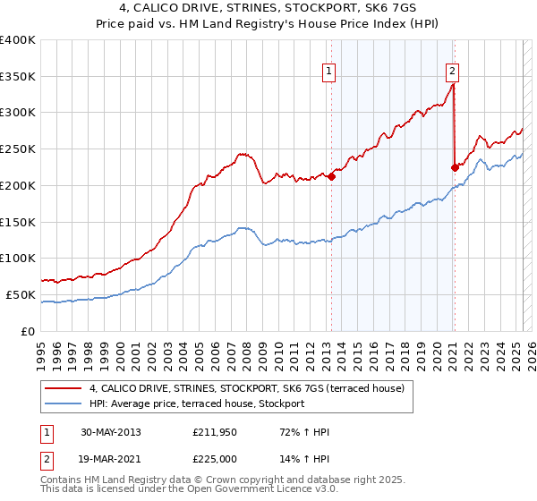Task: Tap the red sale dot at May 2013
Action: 331,176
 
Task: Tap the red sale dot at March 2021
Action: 455,166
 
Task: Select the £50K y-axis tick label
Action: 21,294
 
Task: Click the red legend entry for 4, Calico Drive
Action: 247,388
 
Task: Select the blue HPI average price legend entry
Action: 197,403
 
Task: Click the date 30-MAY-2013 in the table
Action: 110,432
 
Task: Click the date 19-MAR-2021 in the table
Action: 110,459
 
